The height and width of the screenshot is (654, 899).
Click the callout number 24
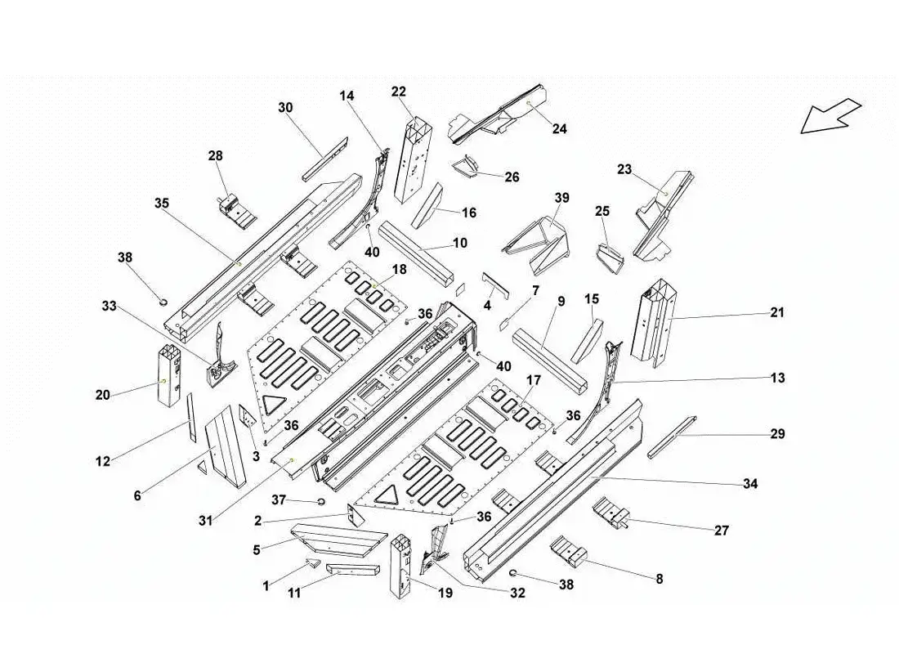pyautogui.click(x=559, y=128)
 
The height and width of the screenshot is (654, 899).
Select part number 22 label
pyautogui.click(x=399, y=92)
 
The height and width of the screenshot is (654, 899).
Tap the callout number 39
pyautogui.click(x=561, y=198)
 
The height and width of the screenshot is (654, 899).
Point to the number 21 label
pyautogui.click(x=776, y=312)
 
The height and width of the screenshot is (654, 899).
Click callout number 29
pyautogui.click(x=776, y=433)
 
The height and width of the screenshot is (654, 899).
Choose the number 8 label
pyautogui.click(x=659, y=579)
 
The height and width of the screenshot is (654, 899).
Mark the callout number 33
pyautogui.click(x=110, y=307)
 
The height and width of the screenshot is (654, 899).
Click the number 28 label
pyautogui.click(x=215, y=155)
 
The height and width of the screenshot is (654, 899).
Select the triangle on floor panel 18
pyautogui.click(x=271, y=401)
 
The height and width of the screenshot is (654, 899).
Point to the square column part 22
pyautogui.click(x=413, y=159)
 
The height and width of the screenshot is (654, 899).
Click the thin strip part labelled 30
pyautogui.click(x=323, y=159)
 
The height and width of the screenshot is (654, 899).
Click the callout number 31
pyautogui.click(x=205, y=520)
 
